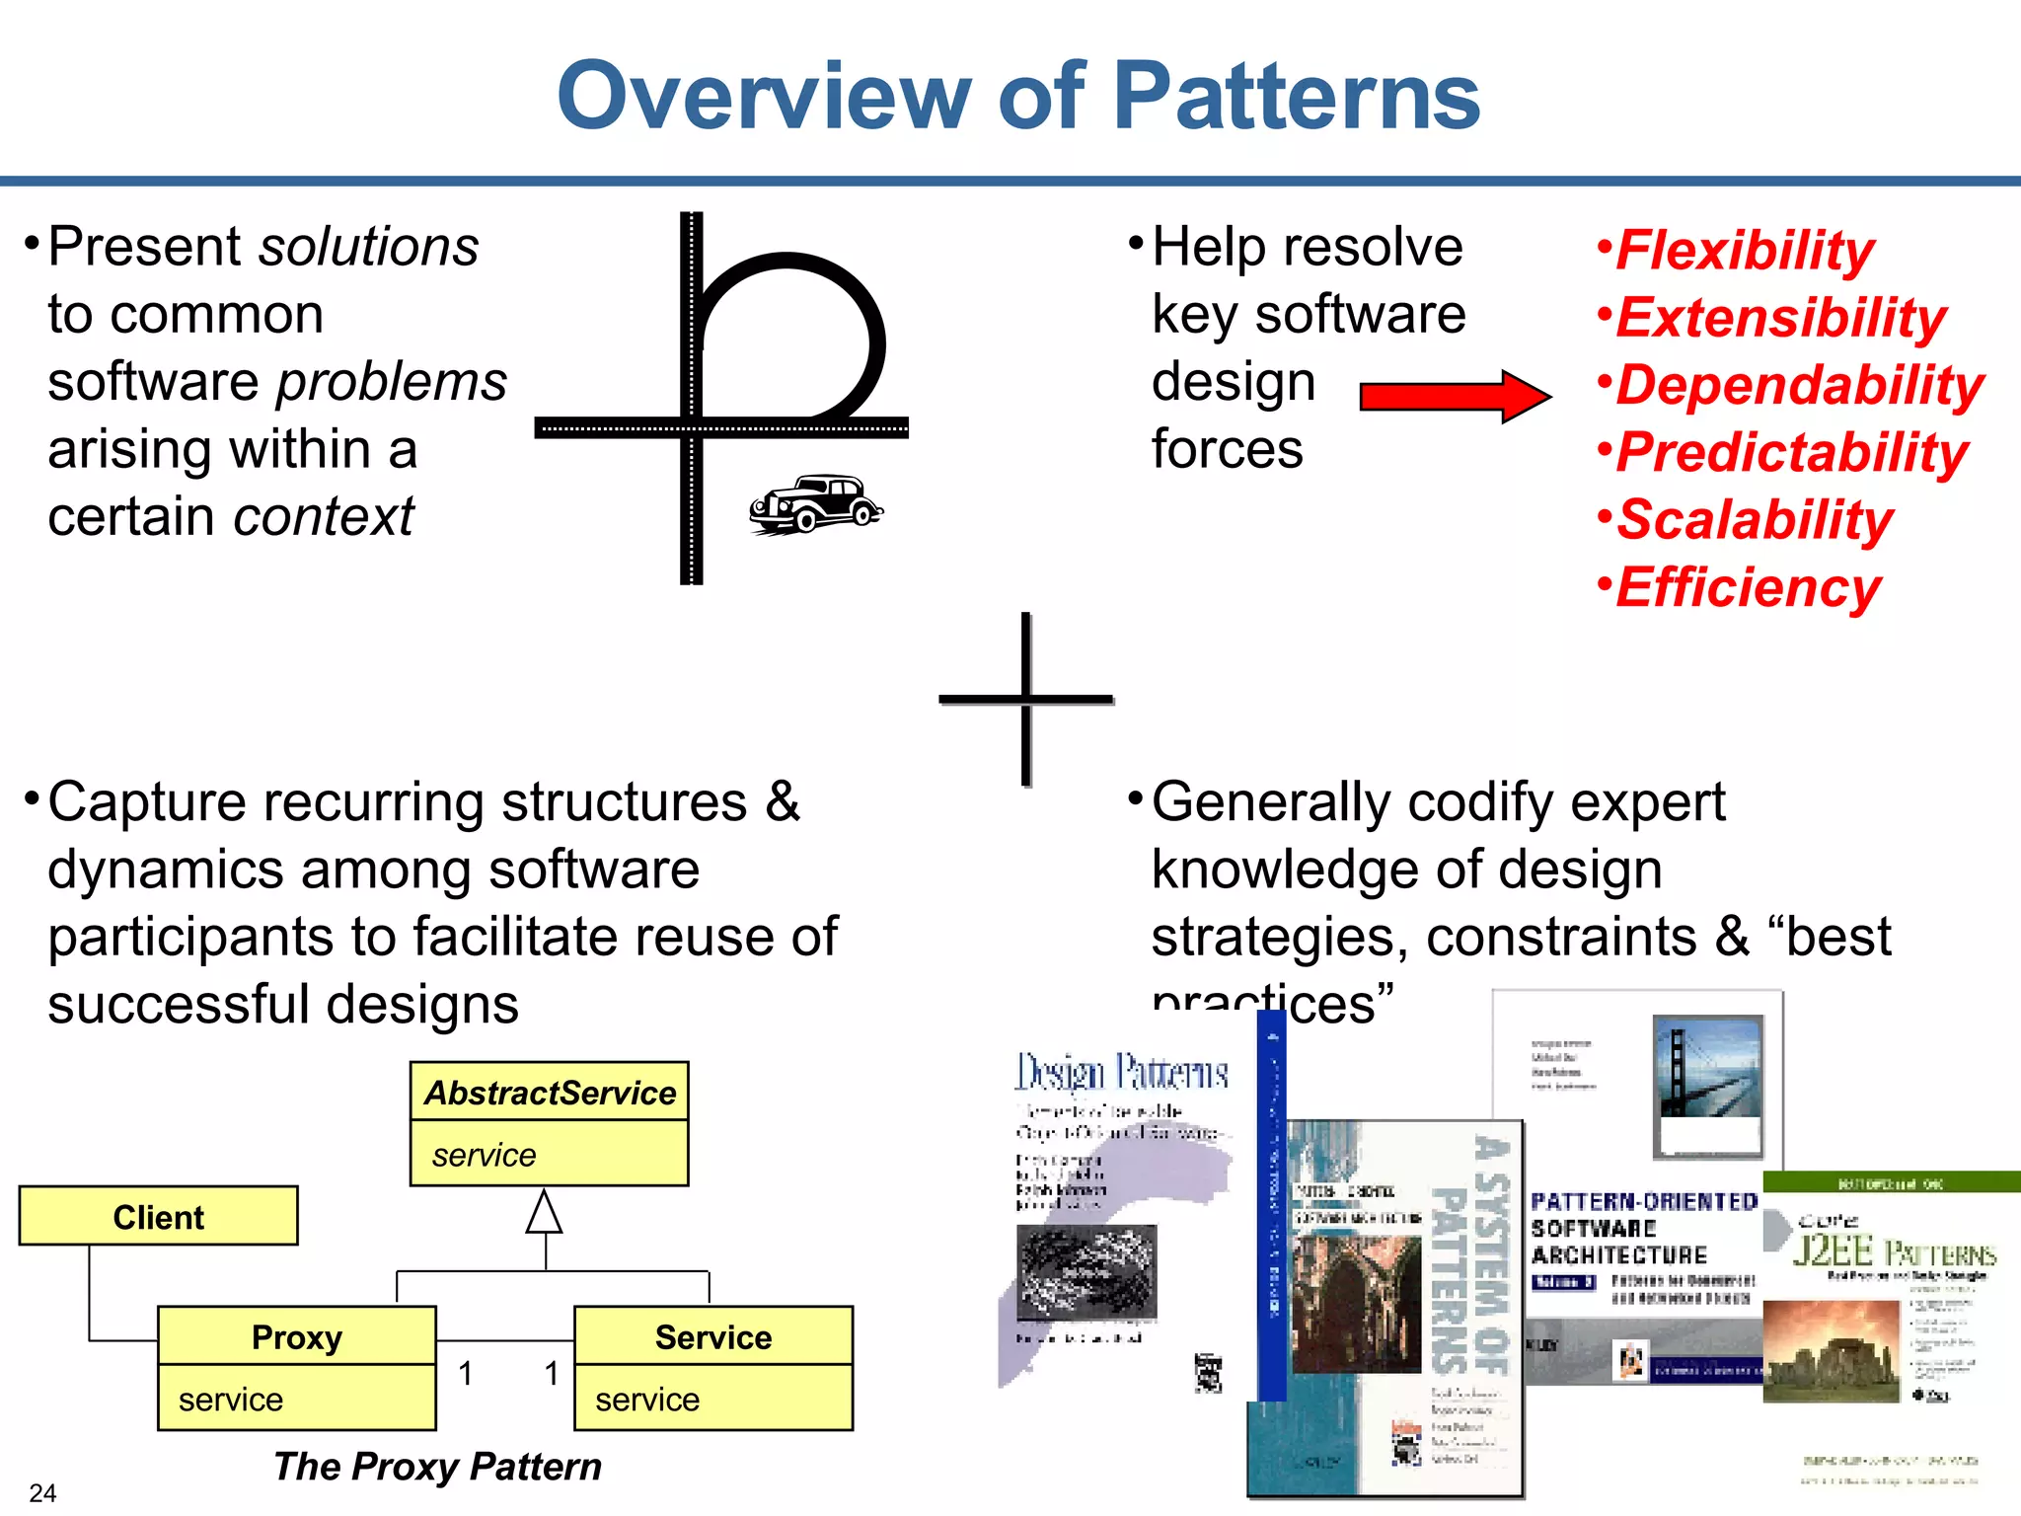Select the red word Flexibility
coord(1744,250)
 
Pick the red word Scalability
coord(1755,520)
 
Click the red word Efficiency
coord(1748,587)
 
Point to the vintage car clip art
coord(816,504)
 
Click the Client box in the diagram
coord(158,1217)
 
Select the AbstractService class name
coord(550,1093)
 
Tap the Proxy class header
coord(296,1337)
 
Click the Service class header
coord(713,1337)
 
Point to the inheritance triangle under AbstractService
coord(544,1213)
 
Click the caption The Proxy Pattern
coord(437,1467)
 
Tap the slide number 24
coord(42,1492)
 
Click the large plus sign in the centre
coord(1026,699)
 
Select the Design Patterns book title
coord(1122,1073)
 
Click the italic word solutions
coord(368,247)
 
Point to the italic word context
coord(324,516)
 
